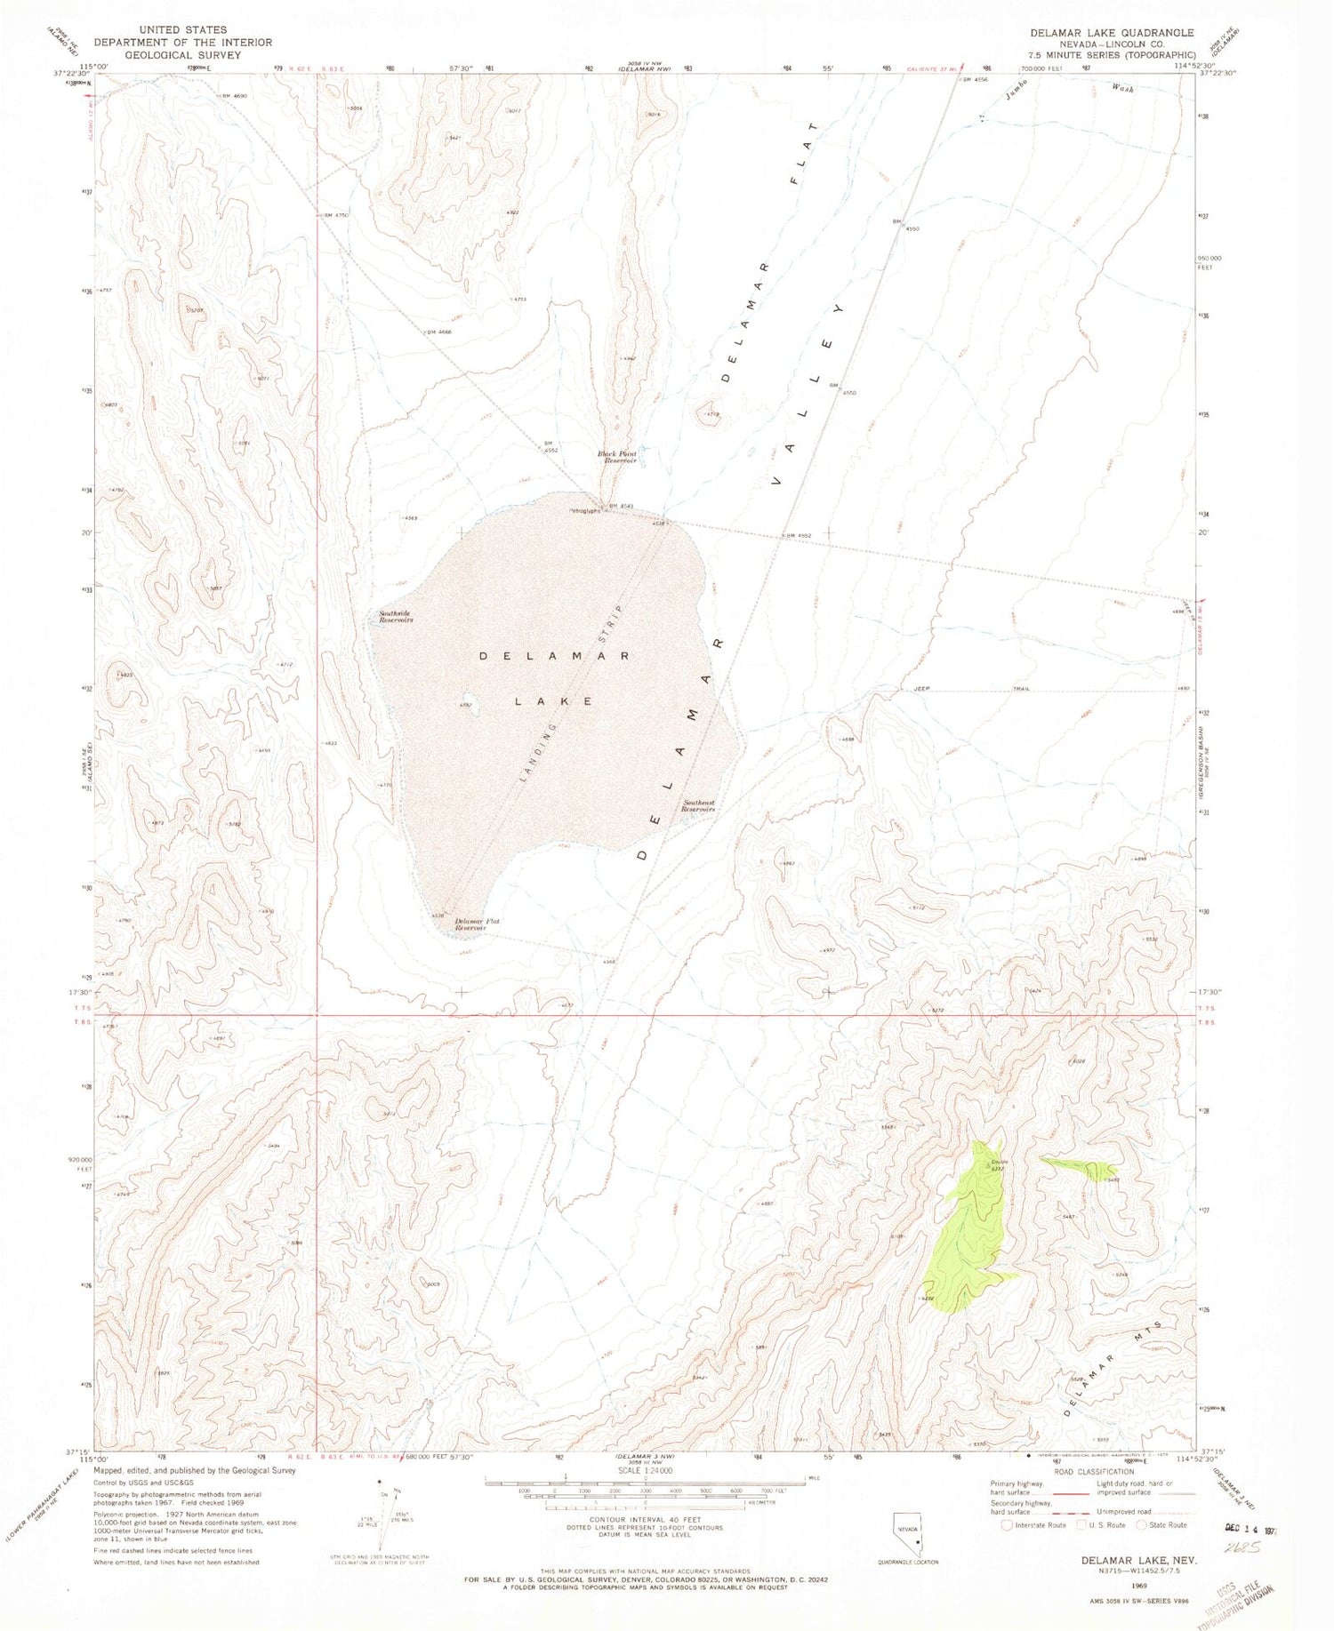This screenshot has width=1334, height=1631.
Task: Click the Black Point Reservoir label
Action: tap(617, 457)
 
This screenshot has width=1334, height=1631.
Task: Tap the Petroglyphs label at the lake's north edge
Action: tap(587, 510)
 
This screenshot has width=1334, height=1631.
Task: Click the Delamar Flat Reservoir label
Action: tap(477, 923)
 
